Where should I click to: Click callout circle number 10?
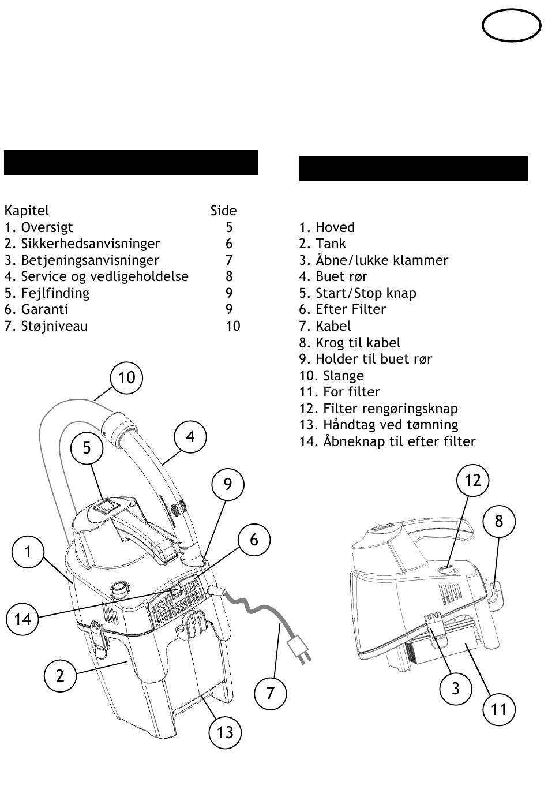(126, 377)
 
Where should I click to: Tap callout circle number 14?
(22, 619)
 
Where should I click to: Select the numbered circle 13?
(225, 732)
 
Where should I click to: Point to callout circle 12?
(472, 480)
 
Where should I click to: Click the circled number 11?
(498, 709)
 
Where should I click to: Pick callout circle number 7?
(270, 692)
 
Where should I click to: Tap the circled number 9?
(228, 484)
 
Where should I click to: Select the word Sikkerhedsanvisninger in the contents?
(91, 244)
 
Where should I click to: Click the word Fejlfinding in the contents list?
(55, 293)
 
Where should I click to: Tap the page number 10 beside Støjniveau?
(232, 325)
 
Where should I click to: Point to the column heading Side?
(223, 211)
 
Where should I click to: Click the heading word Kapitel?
(27, 211)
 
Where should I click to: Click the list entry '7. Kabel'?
(325, 325)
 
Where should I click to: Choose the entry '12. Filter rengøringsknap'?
(378, 408)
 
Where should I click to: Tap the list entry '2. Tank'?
(322, 244)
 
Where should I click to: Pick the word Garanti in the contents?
(44, 309)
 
